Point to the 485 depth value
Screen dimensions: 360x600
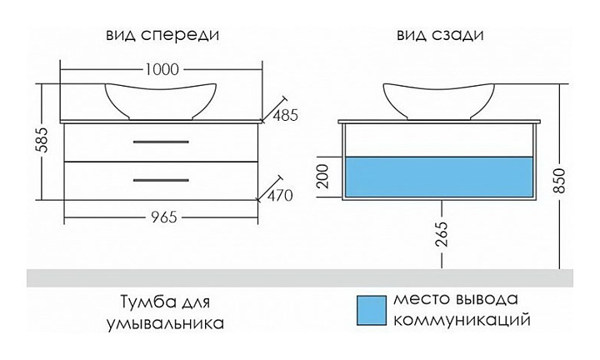pos(283,115)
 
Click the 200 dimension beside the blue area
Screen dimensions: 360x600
pos(325,177)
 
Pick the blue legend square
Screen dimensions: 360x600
pos(369,309)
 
